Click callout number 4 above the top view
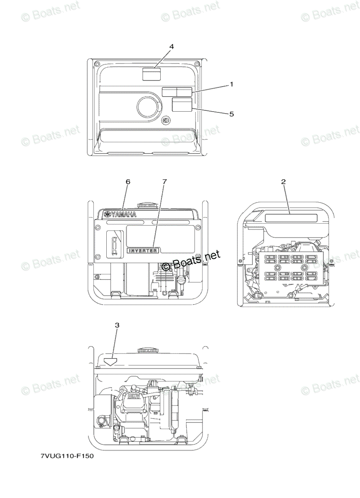tap(171, 46)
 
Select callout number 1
tap(231, 85)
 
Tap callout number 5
tap(232, 114)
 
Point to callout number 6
tap(128, 182)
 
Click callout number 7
tap(164, 182)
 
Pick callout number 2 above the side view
tap(283, 182)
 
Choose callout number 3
tap(117, 325)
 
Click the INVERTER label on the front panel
tap(143, 251)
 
